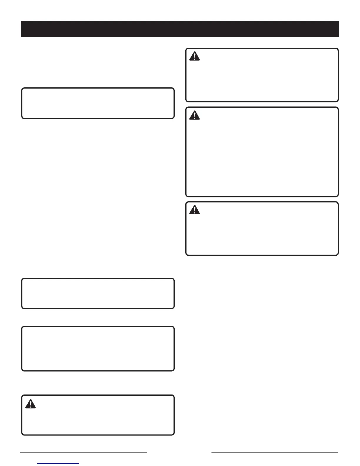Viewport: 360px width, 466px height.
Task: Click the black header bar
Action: tap(180, 29)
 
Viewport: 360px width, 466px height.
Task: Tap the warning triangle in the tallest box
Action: tap(194, 115)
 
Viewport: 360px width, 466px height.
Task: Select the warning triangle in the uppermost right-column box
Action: tap(194, 56)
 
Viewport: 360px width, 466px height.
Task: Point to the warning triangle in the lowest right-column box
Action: tap(194, 210)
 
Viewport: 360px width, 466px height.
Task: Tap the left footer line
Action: tap(84, 453)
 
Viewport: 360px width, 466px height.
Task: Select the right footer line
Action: tap(275, 453)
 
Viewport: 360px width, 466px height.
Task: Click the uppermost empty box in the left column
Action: tap(98, 103)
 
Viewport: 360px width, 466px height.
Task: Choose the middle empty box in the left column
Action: tap(98, 293)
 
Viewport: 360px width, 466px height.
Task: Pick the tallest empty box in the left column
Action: tap(98, 349)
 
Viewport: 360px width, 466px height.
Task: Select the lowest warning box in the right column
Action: tap(262, 232)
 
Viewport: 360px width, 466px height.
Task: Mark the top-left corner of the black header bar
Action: tap(21, 21)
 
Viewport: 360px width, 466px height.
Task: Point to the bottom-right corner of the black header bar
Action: tap(339, 37)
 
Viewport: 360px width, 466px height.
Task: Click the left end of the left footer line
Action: tap(21, 453)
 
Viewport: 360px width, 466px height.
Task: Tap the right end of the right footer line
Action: tap(338, 453)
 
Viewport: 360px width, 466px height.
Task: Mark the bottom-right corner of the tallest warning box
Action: tap(338, 196)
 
